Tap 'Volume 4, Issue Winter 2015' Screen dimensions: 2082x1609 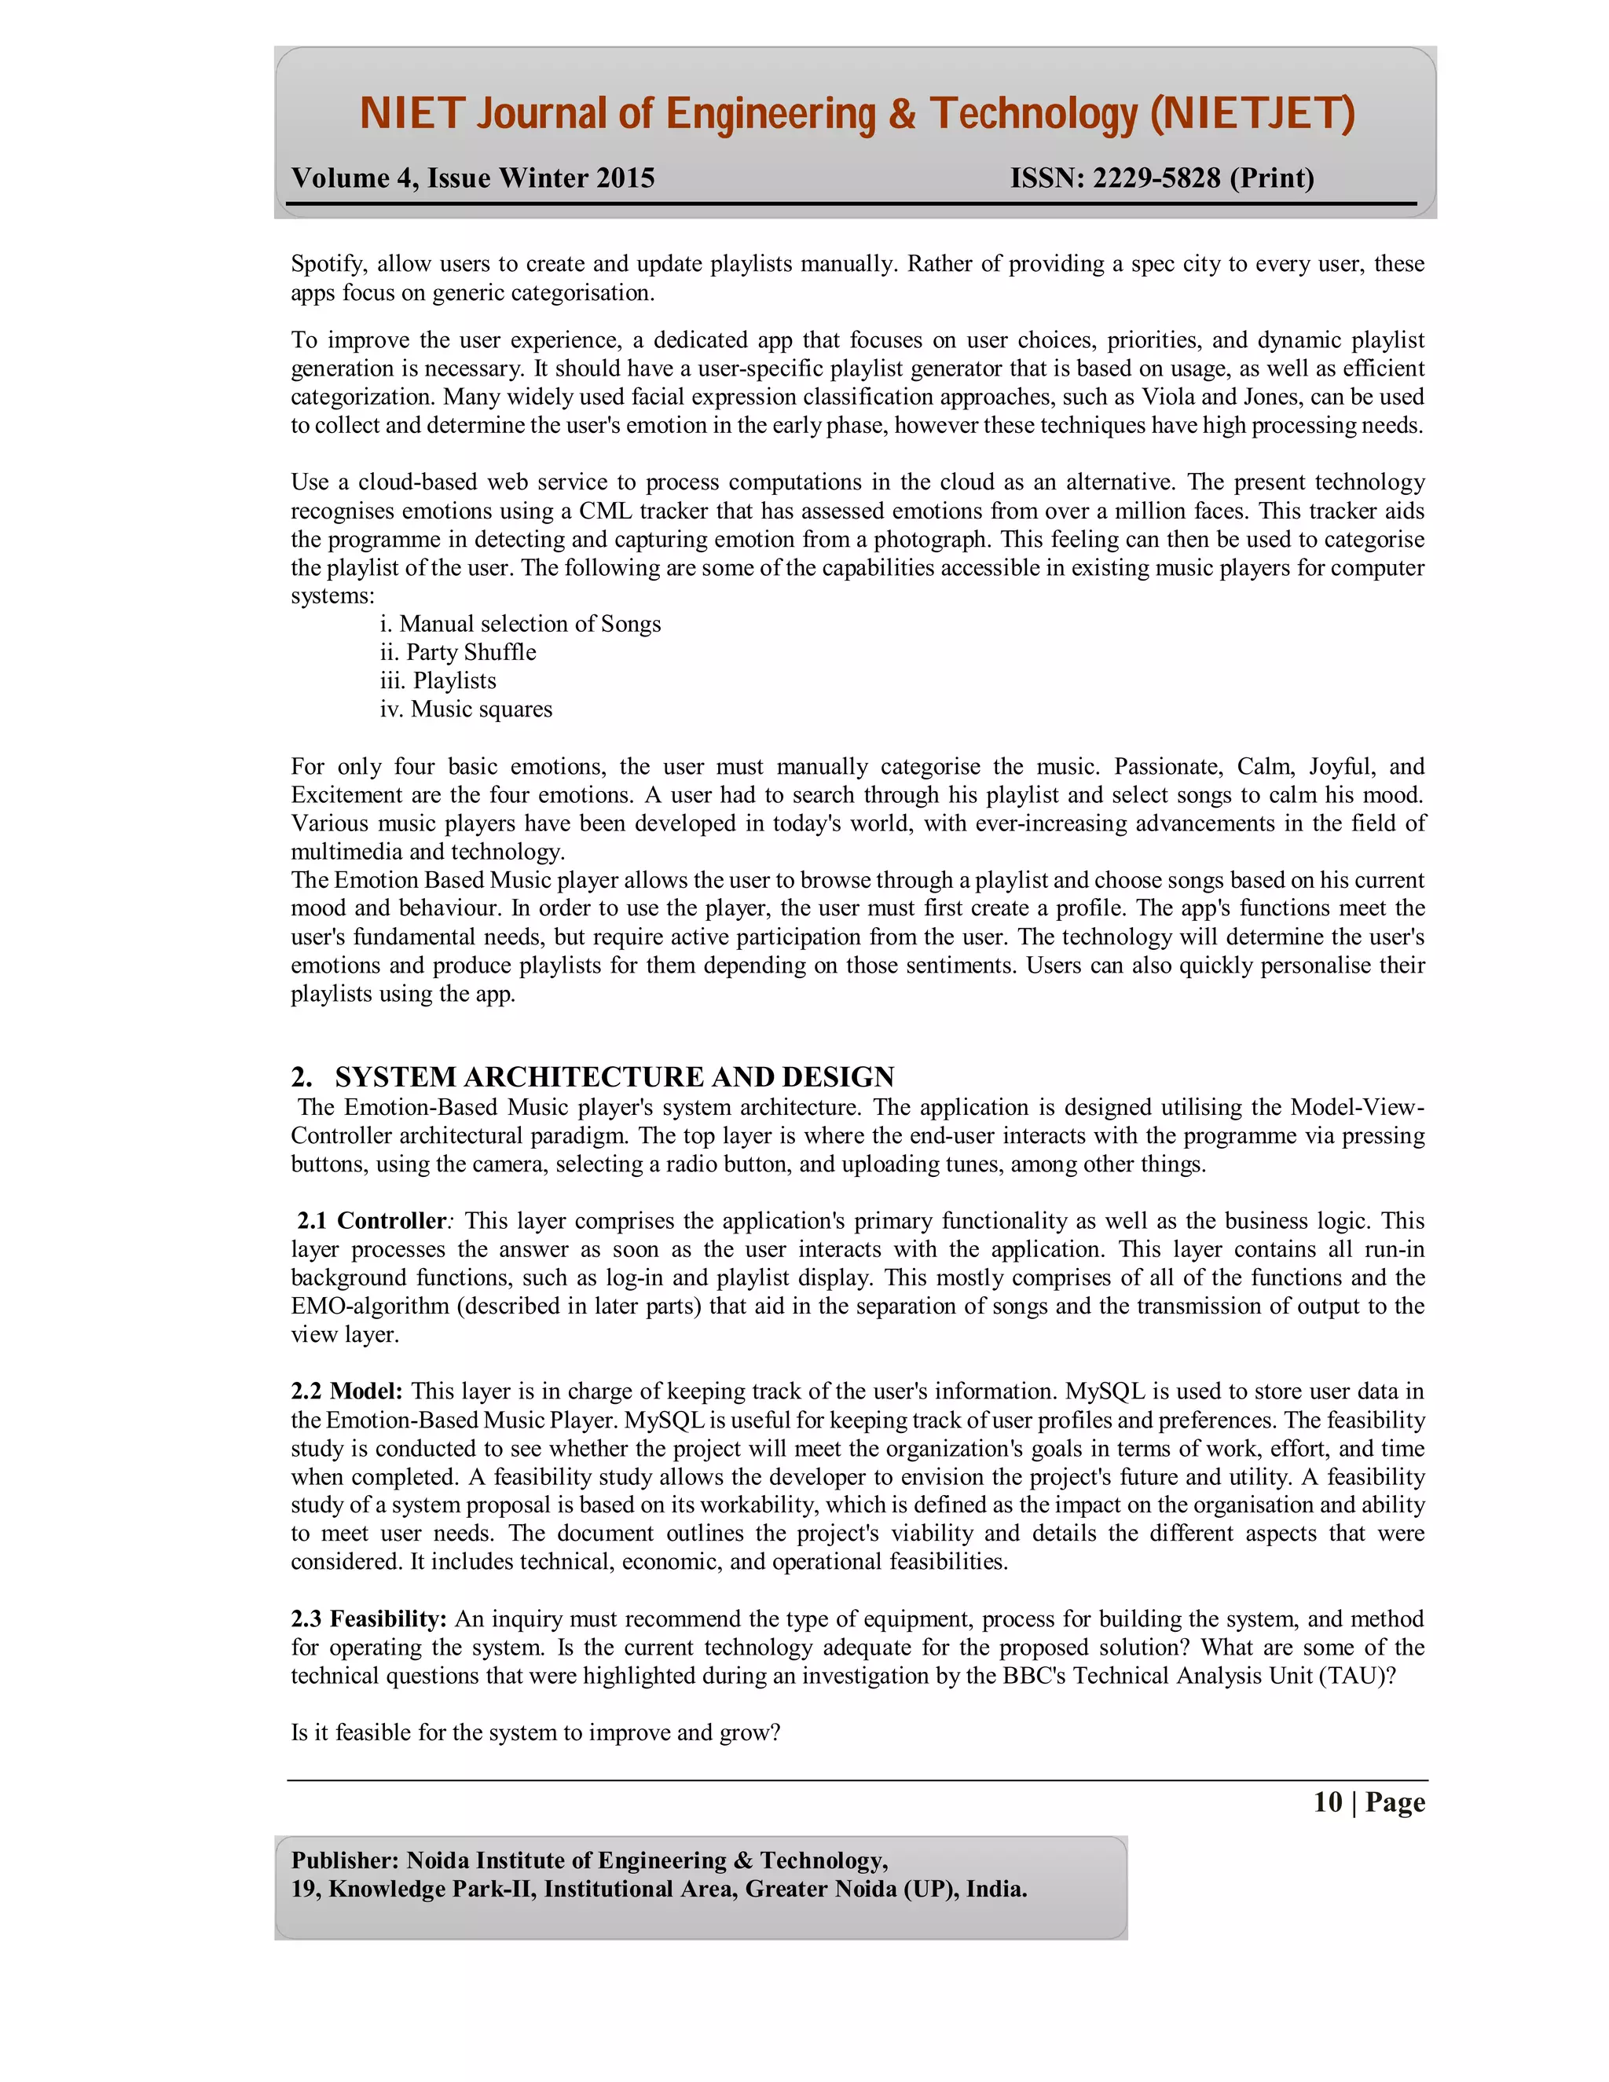(473, 178)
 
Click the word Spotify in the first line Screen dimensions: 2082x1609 (327, 264)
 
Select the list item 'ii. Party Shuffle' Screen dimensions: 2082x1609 (457, 652)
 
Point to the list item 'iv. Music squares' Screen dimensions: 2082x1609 (465, 709)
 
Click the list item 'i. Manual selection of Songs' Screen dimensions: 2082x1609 (519, 624)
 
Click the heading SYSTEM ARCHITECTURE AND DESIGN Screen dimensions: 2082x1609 (614, 1076)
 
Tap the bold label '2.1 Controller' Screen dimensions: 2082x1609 (371, 1220)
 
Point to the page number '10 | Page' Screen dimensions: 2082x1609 (1369, 1802)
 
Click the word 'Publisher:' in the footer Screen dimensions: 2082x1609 (345, 1860)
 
